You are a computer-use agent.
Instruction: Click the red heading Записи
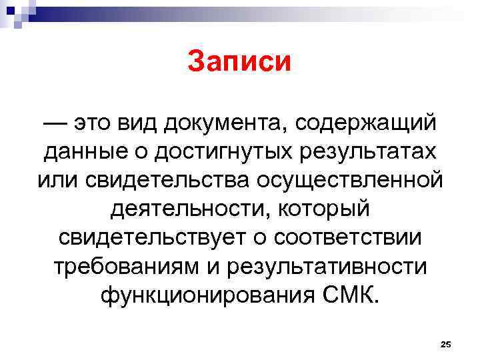click(x=239, y=62)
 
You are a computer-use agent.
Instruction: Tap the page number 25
click(x=446, y=344)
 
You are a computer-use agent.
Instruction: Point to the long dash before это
click(x=56, y=123)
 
